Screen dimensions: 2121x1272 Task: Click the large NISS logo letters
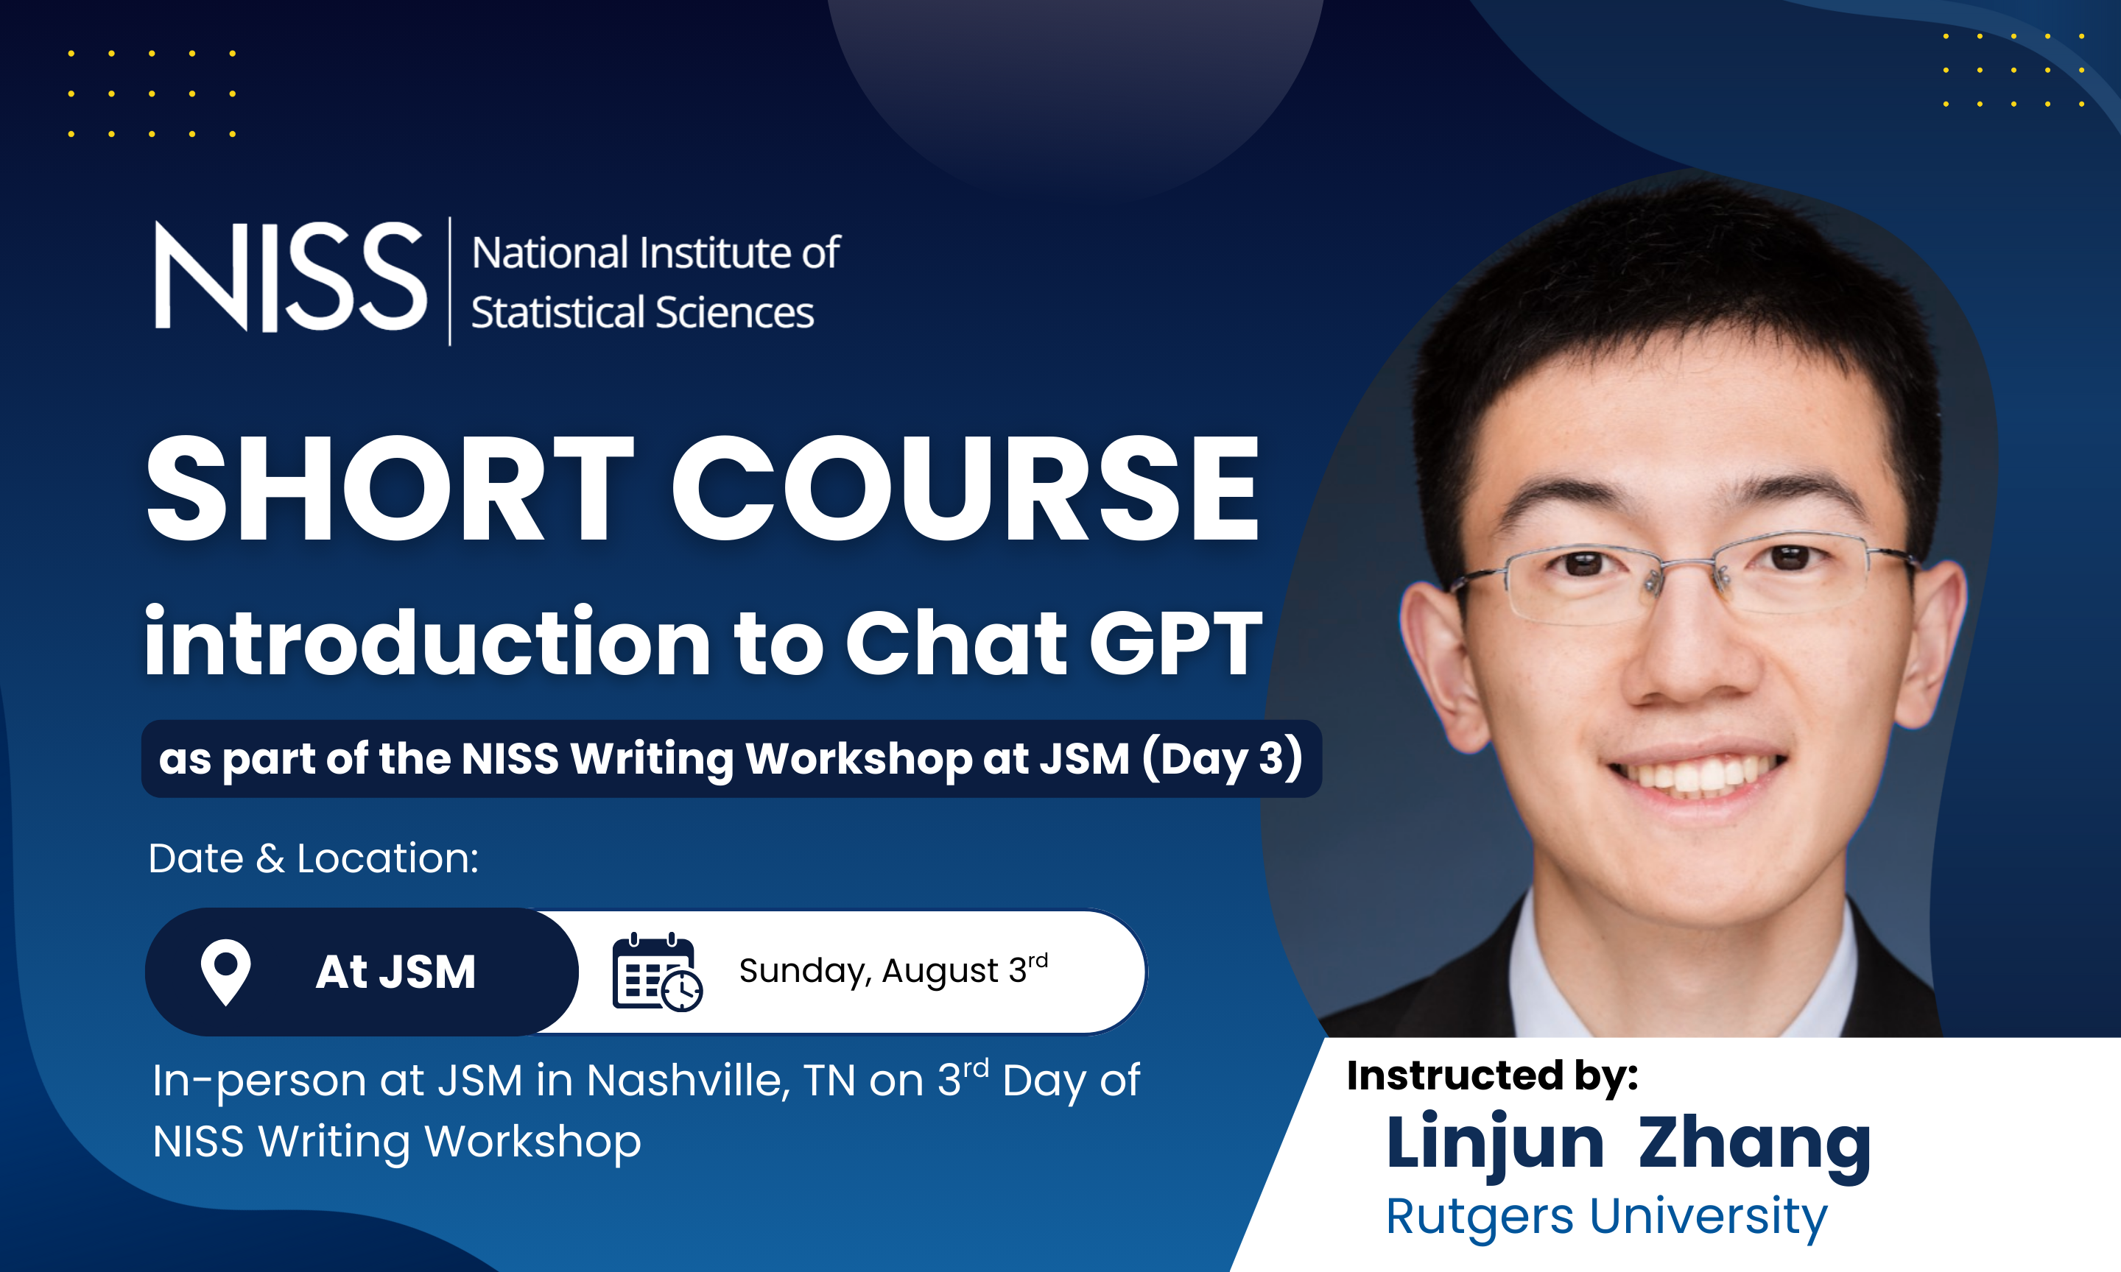(x=291, y=276)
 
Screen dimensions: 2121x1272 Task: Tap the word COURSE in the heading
(x=965, y=490)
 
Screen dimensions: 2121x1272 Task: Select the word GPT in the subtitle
(x=1175, y=643)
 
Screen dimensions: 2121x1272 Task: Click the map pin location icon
(x=225, y=972)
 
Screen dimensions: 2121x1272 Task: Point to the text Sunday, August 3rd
(x=893, y=970)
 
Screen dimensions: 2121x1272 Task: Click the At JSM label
(x=395, y=972)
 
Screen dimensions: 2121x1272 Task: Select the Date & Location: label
(x=313, y=858)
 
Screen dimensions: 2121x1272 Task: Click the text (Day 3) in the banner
(x=1222, y=759)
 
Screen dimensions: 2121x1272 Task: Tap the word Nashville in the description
(x=689, y=1080)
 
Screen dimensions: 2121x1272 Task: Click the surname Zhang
(x=1754, y=1145)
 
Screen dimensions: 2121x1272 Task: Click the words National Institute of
(x=656, y=254)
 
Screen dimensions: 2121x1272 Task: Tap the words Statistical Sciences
(x=642, y=312)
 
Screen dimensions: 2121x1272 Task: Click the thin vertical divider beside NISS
(x=450, y=281)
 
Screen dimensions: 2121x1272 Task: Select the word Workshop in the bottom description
(x=533, y=1142)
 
